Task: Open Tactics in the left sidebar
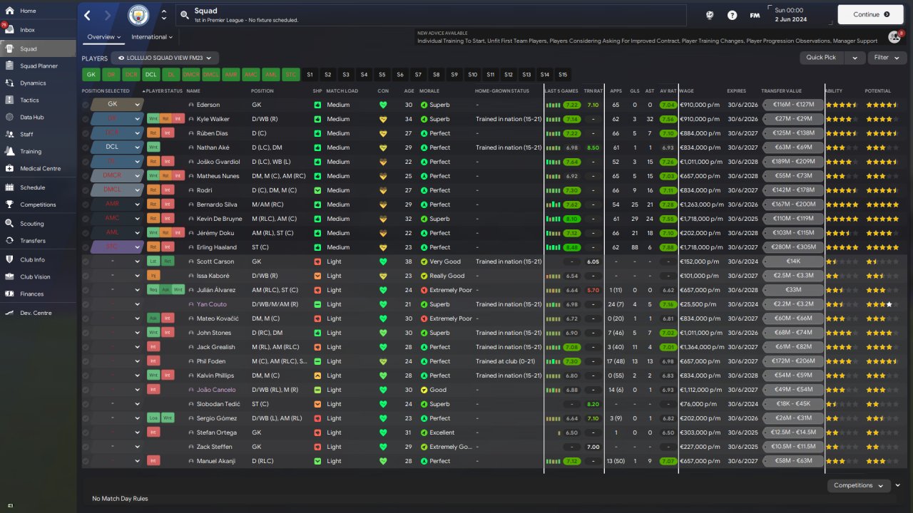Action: (x=29, y=100)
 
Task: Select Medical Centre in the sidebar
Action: (x=40, y=169)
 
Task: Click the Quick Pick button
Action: (x=821, y=58)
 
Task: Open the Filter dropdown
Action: (x=887, y=58)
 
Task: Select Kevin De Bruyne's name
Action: (x=220, y=219)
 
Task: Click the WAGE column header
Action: (x=687, y=91)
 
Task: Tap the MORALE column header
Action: (x=429, y=91)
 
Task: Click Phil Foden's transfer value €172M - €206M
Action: (x=793, y=361)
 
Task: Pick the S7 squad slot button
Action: (x=418, y=74)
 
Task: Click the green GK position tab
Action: (x=91, y=74)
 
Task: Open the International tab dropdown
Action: (x=152, y=37)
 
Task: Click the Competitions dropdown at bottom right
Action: (x=858, y=485)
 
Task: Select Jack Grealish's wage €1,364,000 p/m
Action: (x=701, y=347)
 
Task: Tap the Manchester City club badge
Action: (x=139, y=14)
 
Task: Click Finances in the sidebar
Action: (x=31, y=294)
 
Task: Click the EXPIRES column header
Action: (x=737, y=91)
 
